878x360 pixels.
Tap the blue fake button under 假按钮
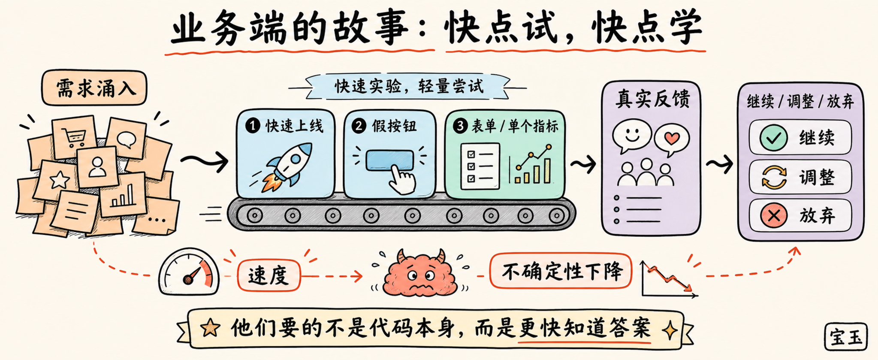[389, 160]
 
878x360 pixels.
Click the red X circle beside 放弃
[773, 215]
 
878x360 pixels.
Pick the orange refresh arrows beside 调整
[774, 177]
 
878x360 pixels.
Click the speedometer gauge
[189, 272]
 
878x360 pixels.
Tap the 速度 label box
[269, 275]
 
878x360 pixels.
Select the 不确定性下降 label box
[561, 271]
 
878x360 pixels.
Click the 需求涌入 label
[94, 88]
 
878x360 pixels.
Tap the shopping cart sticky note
[74, 136]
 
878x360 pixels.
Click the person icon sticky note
[97, 167]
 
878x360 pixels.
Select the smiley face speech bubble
[632, 136]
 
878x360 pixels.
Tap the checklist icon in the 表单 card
[480, 166]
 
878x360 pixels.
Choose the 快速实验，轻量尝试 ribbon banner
[407, 87]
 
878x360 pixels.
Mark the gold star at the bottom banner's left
[211, 328]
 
